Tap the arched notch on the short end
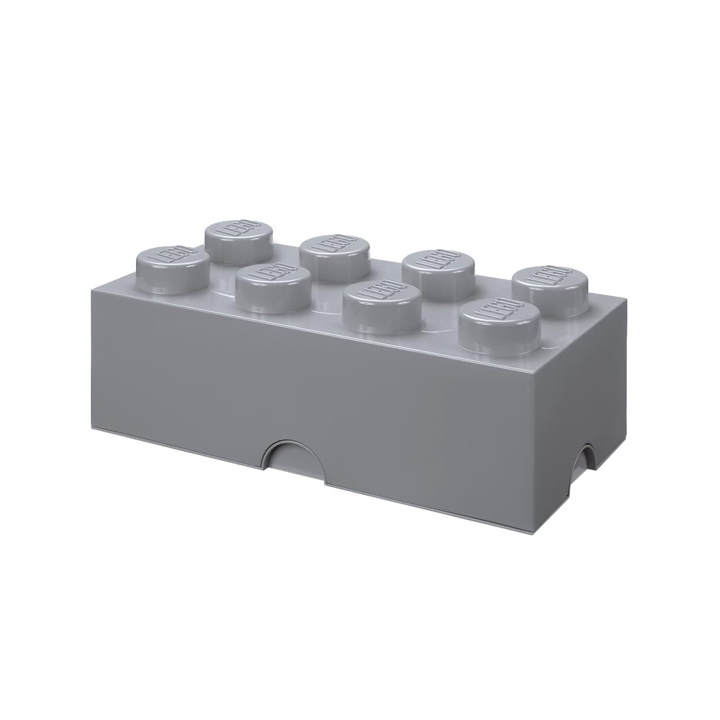click(x=586, y=457)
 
